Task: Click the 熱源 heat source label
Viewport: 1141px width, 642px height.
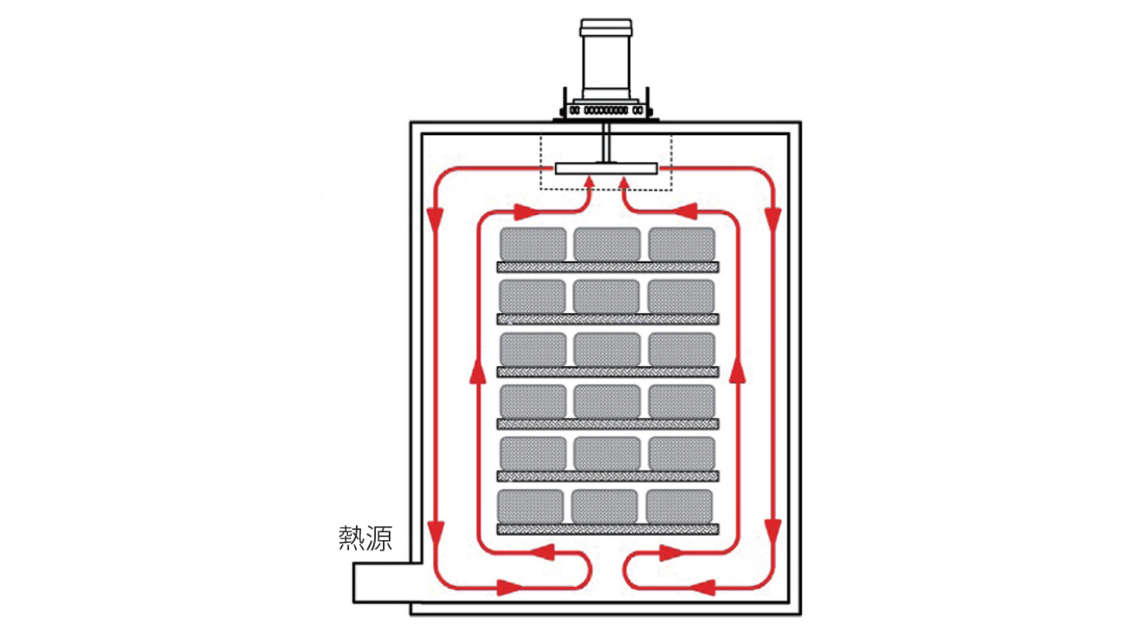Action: (x=365, y=539)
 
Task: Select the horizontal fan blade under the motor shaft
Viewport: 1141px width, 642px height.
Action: (x=606, y=169)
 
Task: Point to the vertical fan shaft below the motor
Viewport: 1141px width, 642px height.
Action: (x=606, y=142)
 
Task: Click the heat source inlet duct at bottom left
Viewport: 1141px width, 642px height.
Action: (x=386, y=583)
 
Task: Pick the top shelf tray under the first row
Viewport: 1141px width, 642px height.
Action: (x=608, y=267)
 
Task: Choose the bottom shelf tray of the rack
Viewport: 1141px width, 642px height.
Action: (x=608, y=529)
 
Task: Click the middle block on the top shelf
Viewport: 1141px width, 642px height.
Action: (x=607, y=244)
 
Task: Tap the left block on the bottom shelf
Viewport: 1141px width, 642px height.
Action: (x=531, y=506)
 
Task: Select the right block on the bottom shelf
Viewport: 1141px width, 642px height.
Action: (x=679, y=506)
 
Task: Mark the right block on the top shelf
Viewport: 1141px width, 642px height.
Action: (x=682, y=244)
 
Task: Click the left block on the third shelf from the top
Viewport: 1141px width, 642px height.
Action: (x=533, y=349)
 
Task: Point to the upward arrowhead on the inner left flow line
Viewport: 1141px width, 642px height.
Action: (x=478, y=372)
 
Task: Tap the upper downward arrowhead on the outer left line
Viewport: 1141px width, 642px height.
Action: (x=436, y=219)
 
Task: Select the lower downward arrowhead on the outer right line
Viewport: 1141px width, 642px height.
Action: (x=773, y=532)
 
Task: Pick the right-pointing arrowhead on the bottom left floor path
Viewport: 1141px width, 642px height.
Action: (x=510, y=588)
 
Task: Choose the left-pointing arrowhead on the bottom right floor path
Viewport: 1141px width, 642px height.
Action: (x=702, y=588)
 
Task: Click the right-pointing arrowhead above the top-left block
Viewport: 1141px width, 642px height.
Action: (x=527, y=211)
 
